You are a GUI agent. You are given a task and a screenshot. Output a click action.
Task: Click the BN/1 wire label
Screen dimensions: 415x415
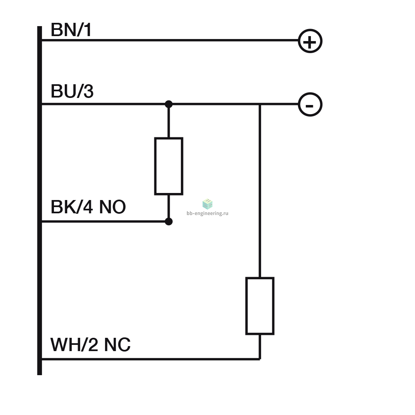[x=71, y=29]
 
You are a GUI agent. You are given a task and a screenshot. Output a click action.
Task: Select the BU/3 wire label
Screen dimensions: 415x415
[x=72, y=91]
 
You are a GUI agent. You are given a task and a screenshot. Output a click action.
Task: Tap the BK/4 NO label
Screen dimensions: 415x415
[x=88, y=207]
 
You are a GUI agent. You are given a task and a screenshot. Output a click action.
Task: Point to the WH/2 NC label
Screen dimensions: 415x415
[x=90, y=344]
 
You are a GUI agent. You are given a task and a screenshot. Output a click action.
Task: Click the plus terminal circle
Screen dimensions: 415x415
[x=310, y=29]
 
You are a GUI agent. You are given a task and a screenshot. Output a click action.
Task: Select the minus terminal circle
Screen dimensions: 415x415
[x=310, y=93]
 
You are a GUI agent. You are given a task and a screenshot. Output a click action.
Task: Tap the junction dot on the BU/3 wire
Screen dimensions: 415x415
[x=168, y=104]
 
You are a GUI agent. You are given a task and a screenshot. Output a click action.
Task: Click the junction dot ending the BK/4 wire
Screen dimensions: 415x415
[x=168, y=222]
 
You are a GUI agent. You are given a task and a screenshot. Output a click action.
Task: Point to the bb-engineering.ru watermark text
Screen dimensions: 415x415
[x=207, y=213]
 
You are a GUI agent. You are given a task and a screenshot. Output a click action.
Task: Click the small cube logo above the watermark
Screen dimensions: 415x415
[x=207, y=204]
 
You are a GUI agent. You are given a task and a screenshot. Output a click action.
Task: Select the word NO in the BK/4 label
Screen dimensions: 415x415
[x=112, y=207]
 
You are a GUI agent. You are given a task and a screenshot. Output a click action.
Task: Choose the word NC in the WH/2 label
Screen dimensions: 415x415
[x=117, y=344]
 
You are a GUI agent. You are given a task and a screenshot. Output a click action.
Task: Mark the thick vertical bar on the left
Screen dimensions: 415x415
[x=39, y=200]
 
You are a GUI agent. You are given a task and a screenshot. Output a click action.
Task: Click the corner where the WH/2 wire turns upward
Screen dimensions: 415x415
[x=260, y=359]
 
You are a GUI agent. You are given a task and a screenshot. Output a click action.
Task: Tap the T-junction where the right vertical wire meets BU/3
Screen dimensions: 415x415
[x=260, y=104]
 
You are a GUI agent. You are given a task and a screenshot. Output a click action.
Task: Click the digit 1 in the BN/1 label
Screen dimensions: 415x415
[x=88, y=29]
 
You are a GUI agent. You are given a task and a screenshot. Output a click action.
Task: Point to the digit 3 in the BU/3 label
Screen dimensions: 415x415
[x=89, y=91]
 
